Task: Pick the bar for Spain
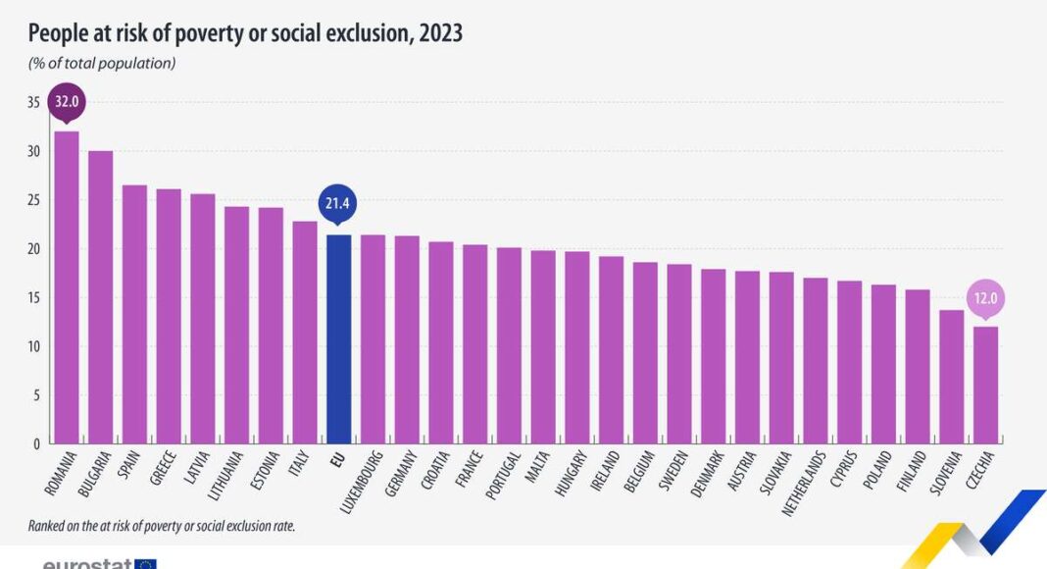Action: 134,314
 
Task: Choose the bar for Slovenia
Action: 952,377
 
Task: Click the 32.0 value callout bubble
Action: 66,101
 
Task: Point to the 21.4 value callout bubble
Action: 338,204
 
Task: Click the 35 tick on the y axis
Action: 33,102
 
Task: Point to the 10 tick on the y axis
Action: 33,346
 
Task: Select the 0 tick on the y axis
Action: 36,443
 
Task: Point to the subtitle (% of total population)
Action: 102,64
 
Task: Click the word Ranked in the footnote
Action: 48,526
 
